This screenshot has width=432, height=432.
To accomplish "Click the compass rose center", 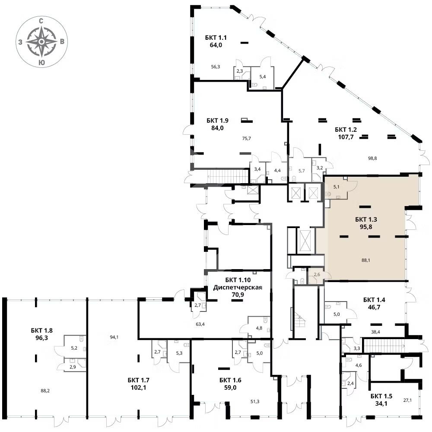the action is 41,41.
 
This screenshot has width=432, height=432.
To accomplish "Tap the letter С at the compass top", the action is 41,21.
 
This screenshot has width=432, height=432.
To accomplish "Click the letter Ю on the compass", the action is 41,63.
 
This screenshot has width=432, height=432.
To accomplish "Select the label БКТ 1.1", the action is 216,38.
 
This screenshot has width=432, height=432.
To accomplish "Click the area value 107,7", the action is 346,137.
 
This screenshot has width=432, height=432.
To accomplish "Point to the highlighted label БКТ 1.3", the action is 366,219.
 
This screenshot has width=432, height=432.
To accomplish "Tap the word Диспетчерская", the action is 238,287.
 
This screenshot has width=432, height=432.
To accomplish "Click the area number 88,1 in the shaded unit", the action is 365,260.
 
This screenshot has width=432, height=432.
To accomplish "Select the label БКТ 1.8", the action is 41,330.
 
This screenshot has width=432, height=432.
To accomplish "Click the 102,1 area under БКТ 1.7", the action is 139,388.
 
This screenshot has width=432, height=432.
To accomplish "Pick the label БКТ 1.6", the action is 230,380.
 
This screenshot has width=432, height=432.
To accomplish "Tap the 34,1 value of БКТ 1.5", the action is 381,403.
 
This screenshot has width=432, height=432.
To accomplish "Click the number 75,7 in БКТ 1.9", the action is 246,138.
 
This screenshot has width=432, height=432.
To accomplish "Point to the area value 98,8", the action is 372,158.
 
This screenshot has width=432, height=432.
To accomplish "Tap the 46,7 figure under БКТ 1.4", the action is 374,307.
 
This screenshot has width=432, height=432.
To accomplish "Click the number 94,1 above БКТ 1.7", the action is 114,337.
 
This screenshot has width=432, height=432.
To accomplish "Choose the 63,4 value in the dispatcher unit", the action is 200,324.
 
